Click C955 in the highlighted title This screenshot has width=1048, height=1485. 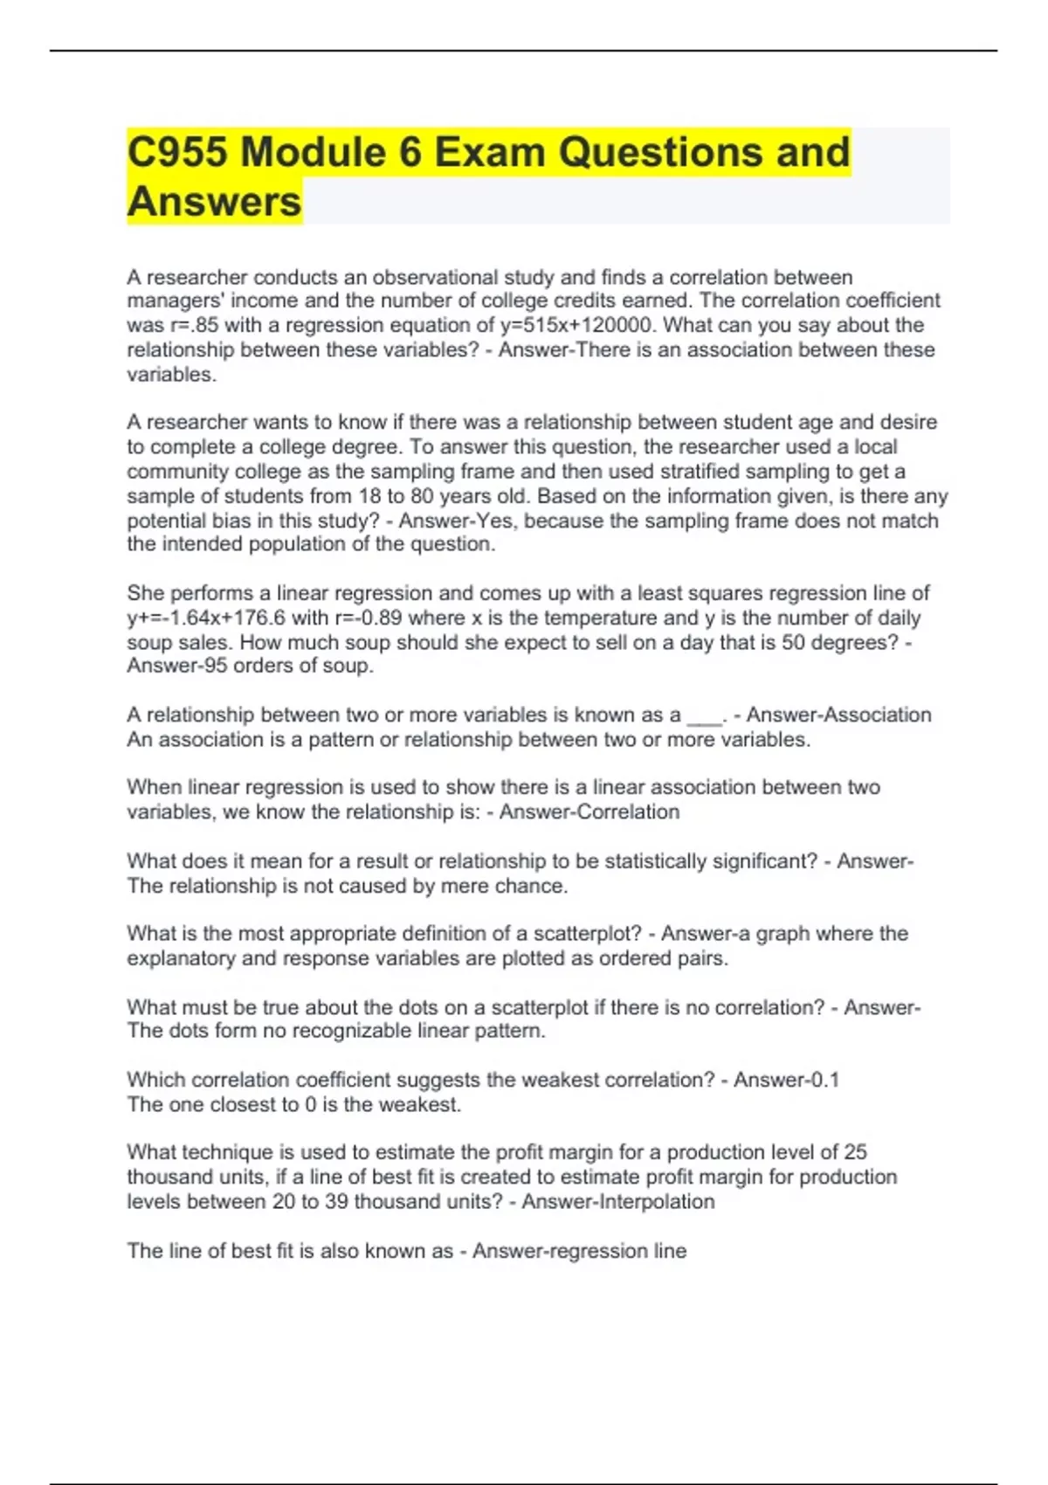pyautogui.click(x=176, y=152)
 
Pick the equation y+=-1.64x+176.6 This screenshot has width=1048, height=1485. pyautogui.click(x=206, y=618)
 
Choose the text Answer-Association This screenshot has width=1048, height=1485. pyautogui.click(x=838, y=715)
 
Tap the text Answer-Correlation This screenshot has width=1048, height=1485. pyautogui.click(x=589, y=812)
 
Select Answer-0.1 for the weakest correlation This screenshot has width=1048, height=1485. pyautogui.click(x=786, y=1081)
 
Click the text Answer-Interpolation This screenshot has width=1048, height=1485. pyautogui.click(x=618, y=1202)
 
